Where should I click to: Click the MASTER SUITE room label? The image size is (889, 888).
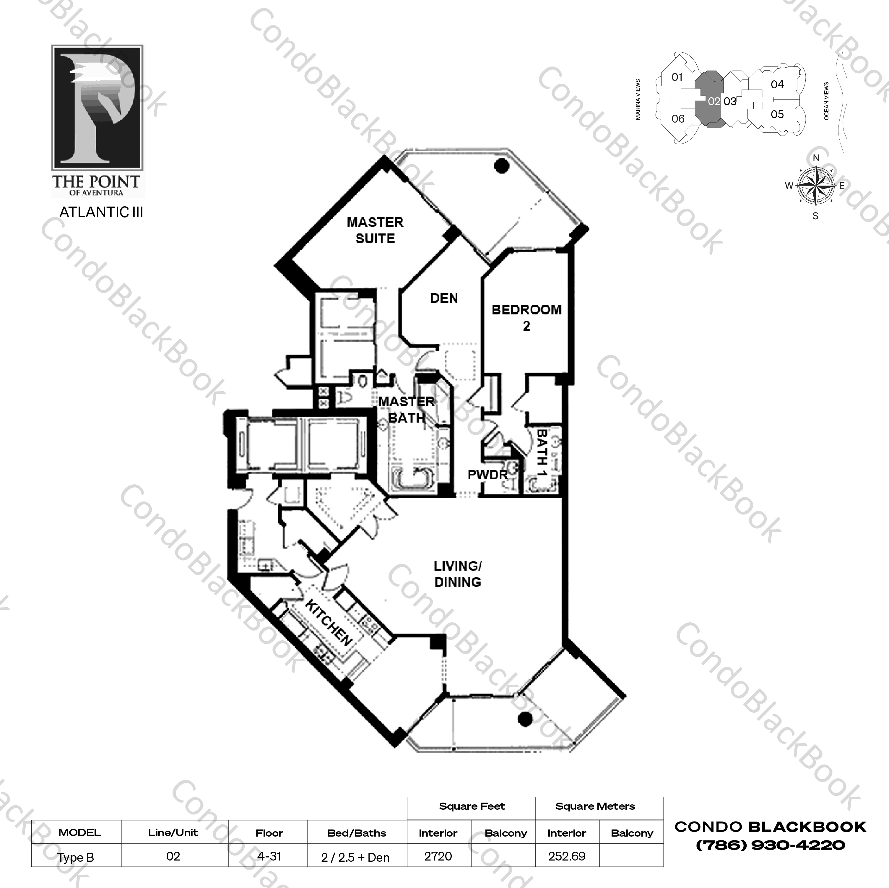pyautogui.click(x=375, y=230)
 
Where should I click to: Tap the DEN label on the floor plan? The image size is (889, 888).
pyautogui.click(x=444, y=298)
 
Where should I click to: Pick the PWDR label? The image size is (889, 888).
pyautogui.click(x=487, y=475)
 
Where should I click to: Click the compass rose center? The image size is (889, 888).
pyautogui.click(x=816, y=186)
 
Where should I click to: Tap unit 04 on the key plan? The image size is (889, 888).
pyautogui.click(x=777, y=84)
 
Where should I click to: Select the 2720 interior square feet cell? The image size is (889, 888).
pyautogui.click(x=438, y=856)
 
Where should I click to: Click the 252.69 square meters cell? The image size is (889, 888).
pyautogui.click(x=567, y=856)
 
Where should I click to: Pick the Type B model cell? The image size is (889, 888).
pyautogui.click(x=76, y=857)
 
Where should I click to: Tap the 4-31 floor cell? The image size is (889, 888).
pyautogui.click(x=269, y=856)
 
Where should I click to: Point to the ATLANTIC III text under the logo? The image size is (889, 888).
pyautogui.click(x=101, y=212)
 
